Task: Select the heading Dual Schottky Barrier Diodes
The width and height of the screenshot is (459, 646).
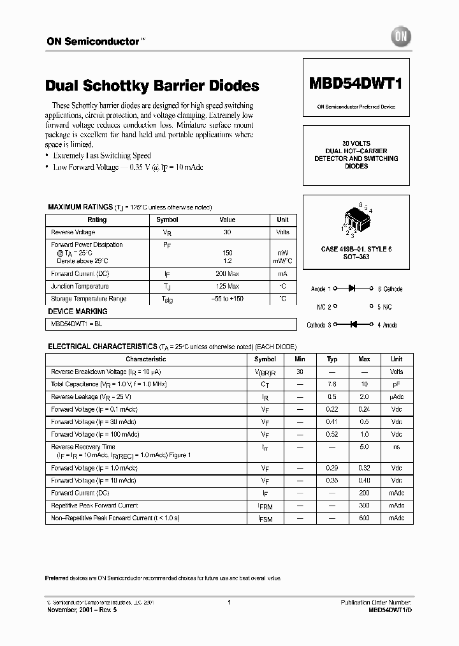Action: [x=152, y=86]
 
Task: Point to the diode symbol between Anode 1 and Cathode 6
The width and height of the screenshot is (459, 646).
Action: [x=351, y=289]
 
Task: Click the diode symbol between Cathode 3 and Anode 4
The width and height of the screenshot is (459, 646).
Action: [x=351, y=325]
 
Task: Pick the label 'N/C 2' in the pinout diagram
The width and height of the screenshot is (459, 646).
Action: [x=324, y=307]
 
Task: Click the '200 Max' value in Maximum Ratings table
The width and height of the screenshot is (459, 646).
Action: [x=227, y=273]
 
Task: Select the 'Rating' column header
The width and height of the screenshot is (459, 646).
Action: [x=96, y=220]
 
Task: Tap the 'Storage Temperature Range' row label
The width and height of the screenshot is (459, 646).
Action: [x=89, y=299]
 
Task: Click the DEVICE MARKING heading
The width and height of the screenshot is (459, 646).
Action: [x=78, y=312]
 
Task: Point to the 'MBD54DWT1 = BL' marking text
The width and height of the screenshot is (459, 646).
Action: [x=76, y=324]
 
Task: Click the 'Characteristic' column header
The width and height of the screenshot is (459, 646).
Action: [x=145, y=359]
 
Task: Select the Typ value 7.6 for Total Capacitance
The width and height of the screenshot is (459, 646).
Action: [x=331, y=384]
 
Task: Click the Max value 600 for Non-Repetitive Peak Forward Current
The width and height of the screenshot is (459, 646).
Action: [x=364, y=518]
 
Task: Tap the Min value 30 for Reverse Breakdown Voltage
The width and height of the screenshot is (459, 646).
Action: [x=300, y=372]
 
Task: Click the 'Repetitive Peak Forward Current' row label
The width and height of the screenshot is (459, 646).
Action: [x=94, y=506]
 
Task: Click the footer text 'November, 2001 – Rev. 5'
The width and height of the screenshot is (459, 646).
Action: [x=82, y=610]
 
